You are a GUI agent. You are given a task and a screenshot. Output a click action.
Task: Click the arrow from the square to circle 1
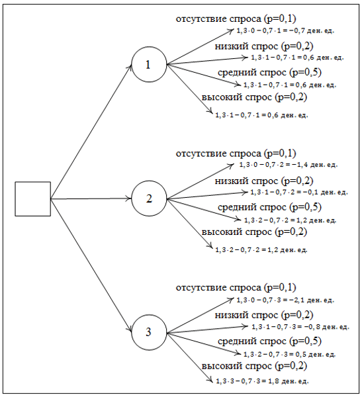91,131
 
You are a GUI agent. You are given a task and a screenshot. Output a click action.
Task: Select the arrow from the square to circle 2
91,198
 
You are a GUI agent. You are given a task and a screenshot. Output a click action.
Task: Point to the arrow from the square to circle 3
91,265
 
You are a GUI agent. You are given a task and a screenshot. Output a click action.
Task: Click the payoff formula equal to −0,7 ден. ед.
285,31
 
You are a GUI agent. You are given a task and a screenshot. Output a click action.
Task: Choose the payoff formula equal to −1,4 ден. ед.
289,165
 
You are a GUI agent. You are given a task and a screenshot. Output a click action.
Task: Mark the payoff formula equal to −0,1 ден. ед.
299,193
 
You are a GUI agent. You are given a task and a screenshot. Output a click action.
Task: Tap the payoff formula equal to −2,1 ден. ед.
285,300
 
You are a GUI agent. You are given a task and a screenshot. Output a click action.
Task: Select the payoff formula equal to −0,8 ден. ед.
300,327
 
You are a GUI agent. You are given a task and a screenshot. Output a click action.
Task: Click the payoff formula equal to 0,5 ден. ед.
289,355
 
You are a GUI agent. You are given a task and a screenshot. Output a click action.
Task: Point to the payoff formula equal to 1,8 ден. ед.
262,381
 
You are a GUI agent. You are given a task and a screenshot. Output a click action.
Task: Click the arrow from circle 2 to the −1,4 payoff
201,181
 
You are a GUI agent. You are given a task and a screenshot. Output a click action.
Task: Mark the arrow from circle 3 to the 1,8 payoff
190,357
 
